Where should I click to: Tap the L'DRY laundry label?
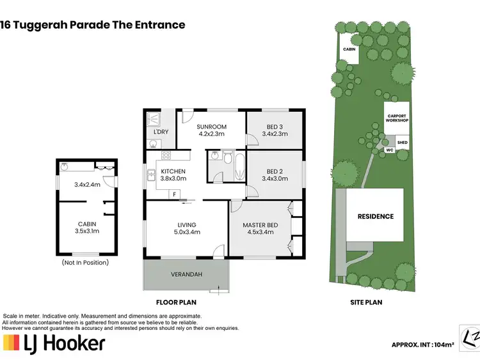tap(161, 132)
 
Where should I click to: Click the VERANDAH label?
tap(186, 274)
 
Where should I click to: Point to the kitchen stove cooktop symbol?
tap(166, 155)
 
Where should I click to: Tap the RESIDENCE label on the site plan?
tap(375, 216)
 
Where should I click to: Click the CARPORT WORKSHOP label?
tap(397, 118)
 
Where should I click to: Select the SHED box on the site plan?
tap(402, 143)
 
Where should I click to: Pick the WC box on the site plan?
tap(388, 151)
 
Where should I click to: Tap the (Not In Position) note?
tap(85, 262)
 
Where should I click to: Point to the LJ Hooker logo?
tap(54, 343)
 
